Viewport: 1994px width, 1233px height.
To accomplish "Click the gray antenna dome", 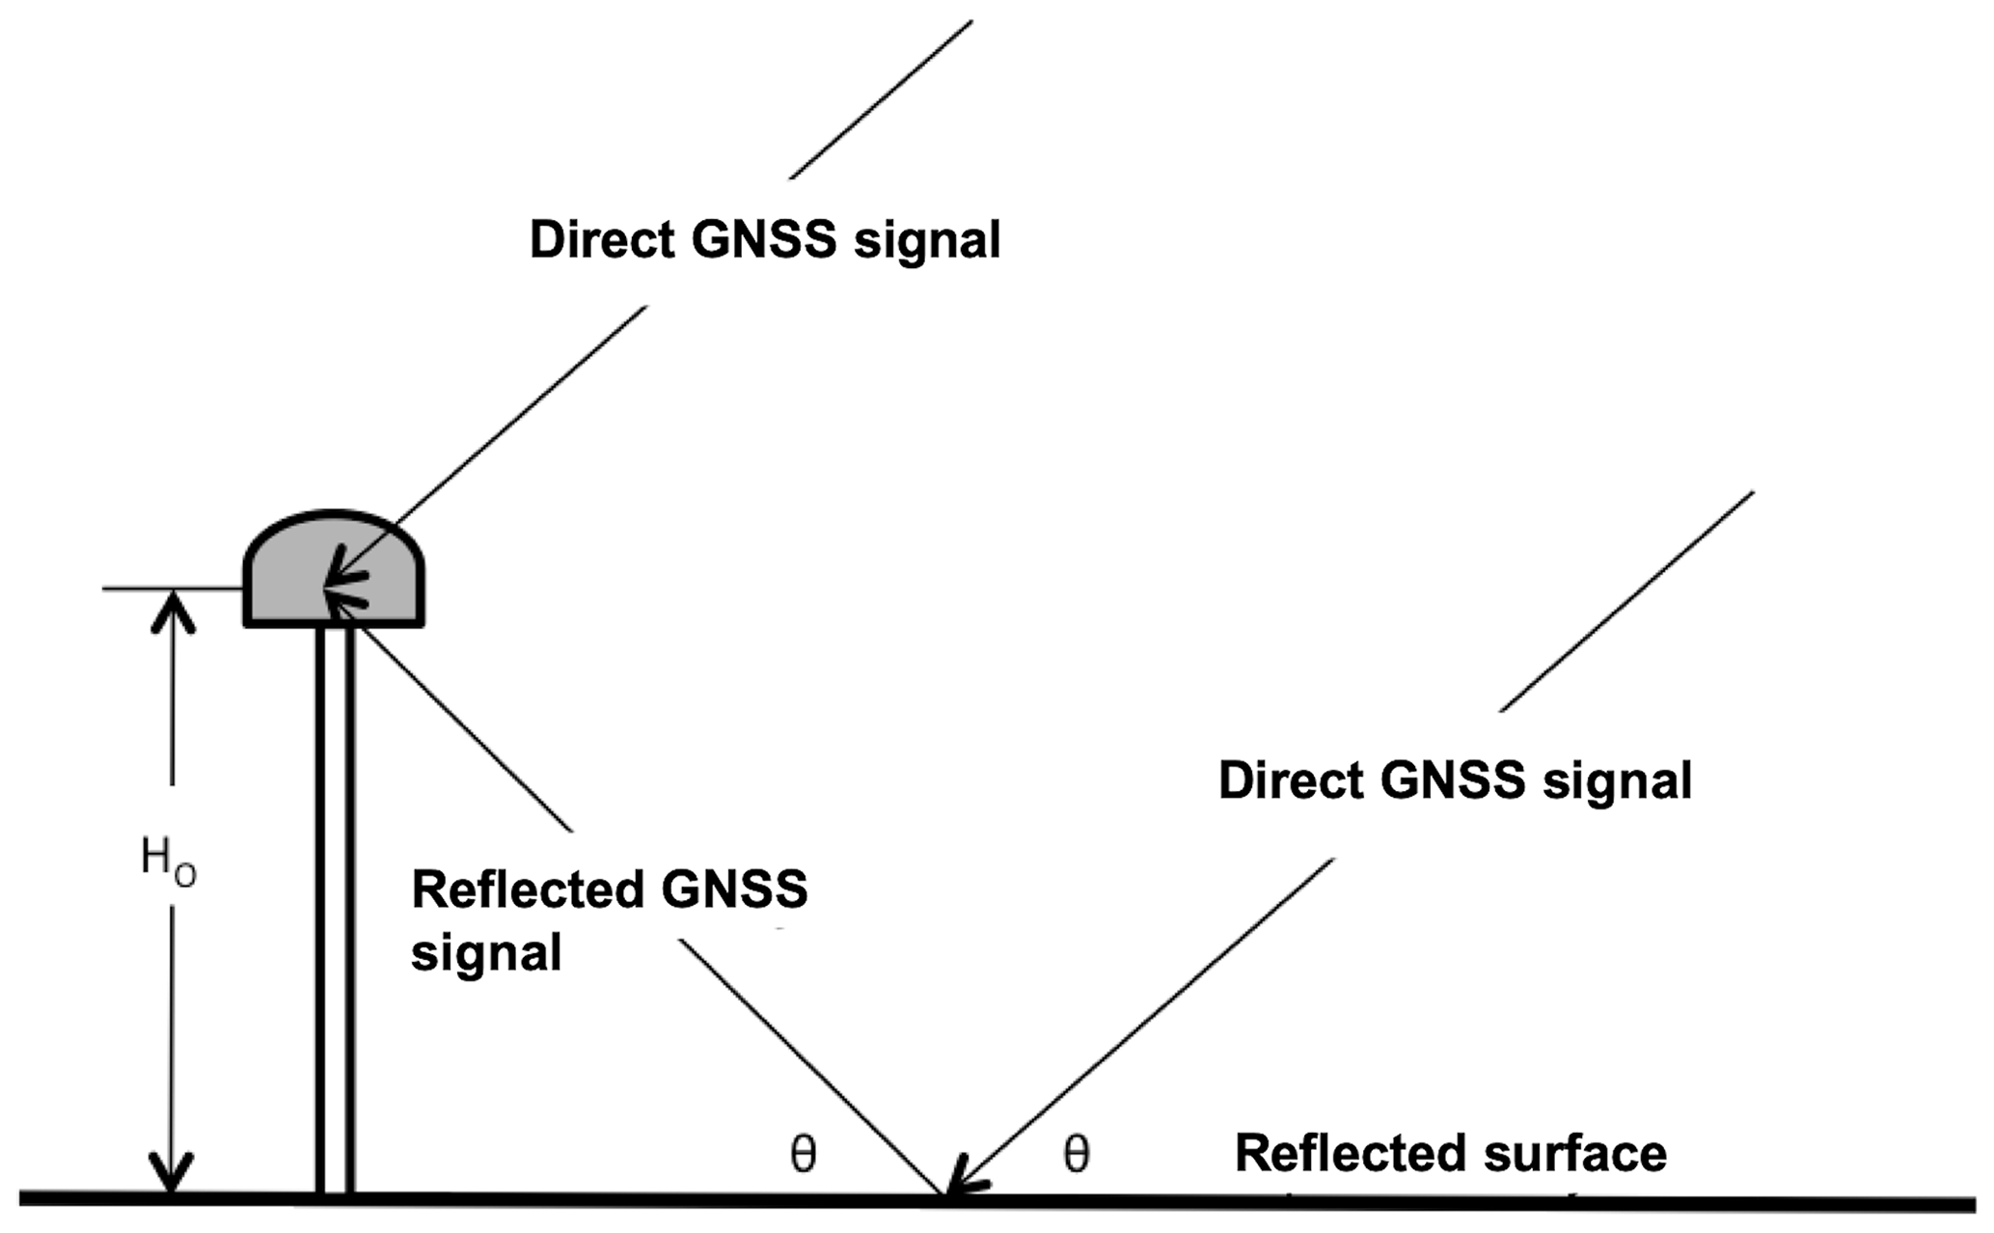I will click(x=289, y=569).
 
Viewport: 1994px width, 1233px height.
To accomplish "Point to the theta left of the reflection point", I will click(x=804, y=1154).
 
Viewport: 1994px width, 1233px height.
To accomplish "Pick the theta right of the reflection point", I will click(x=1076, y=1154).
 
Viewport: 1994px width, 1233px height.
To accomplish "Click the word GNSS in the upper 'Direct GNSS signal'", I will click(x=764, y=239).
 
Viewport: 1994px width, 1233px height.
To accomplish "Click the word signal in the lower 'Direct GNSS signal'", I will click(x=1618, y=780).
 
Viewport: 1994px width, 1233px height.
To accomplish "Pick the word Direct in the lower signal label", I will click(x=1291, y=780).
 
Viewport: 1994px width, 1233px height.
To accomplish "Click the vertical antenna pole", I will click(x=335, y=907).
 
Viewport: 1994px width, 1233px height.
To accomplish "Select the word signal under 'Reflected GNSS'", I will click(x=486, y=953).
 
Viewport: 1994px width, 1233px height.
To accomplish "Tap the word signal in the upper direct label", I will click(x=927, y=239).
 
